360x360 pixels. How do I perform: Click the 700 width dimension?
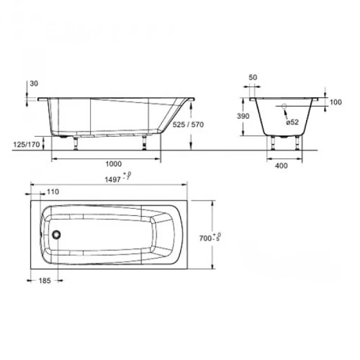tap(226, 238)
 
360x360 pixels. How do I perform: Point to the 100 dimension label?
tap(335, 102)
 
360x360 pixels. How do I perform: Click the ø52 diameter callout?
tap(292, 122)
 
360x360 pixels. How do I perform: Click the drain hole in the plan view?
tap(57, 235)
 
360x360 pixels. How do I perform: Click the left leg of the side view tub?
tap(76, 142)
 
